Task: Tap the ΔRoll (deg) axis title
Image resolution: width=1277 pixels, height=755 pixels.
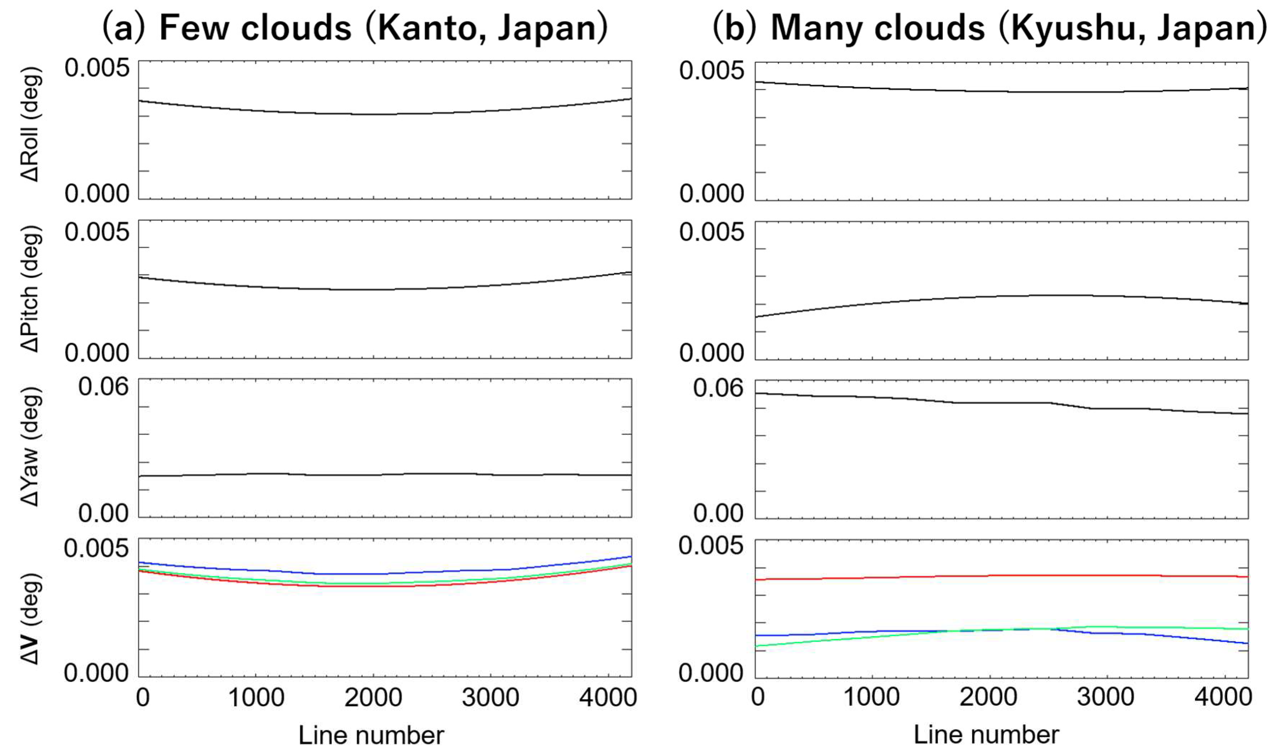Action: tap(30, 125)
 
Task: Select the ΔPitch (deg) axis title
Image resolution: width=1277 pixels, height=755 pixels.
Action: tap(30, 289)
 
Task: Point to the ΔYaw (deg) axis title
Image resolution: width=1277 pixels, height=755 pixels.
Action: tap(30, 447)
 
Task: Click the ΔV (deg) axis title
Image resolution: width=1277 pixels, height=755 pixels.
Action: tap(30, 618)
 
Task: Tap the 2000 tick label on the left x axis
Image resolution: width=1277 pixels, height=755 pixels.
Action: tap(373, 697)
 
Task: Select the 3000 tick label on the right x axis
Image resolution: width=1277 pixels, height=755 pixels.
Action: tap(1105, 697)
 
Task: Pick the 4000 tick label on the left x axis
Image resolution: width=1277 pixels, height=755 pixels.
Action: tap(608, 697)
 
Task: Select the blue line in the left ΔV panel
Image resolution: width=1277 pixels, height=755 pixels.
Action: tap(374, 574)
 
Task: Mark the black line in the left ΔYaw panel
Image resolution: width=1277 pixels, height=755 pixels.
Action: tap(374, 475)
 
